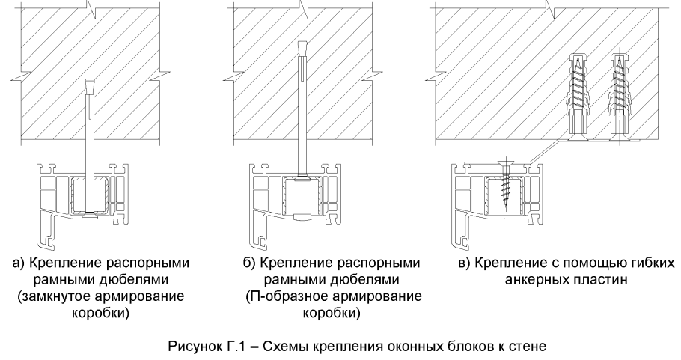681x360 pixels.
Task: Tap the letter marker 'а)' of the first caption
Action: pos(32,263)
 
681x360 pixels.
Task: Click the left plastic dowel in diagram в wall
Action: pos(575,97)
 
